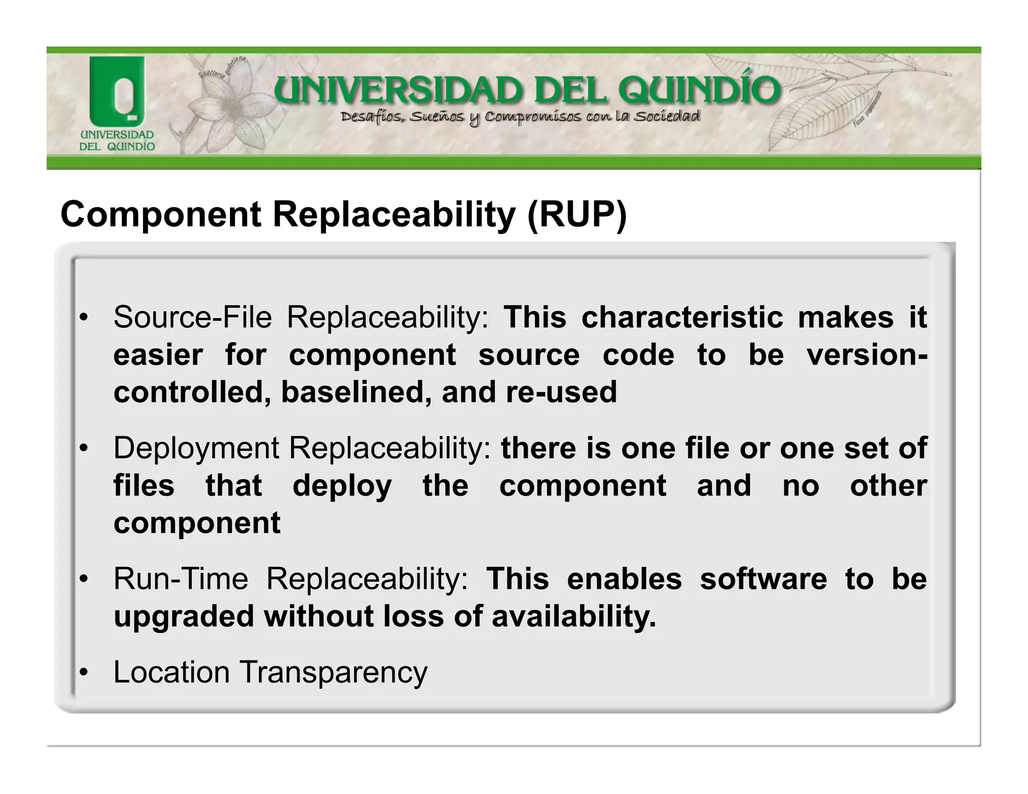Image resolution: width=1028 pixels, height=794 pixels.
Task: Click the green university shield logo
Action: point(116,91)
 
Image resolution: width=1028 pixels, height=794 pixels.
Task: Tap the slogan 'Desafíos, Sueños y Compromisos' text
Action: point(520,117)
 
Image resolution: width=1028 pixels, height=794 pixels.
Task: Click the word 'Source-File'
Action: point(193,318)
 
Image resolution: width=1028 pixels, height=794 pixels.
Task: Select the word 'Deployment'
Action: point(196,448)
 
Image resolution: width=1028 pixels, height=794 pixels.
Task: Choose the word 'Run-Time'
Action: point(181,579)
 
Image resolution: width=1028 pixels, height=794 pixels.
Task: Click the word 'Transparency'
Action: point(334,673)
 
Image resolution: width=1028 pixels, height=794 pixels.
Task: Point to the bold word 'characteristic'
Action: point(682,318)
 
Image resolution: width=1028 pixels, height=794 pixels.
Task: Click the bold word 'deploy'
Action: point(342,486)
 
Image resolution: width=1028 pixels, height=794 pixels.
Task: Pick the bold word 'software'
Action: point(763,579)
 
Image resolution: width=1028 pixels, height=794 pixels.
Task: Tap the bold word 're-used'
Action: point(561,392)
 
